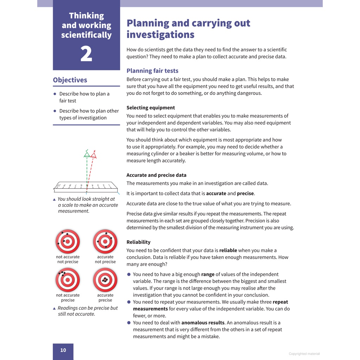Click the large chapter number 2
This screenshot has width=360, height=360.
pos(86,54)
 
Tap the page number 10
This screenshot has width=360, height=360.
pos(63,350)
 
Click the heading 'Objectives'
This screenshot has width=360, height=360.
pos(70,80)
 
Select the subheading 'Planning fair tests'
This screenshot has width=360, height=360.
pos(152,71)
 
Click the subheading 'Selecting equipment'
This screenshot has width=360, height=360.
pos(150,108)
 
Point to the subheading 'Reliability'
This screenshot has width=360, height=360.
pos(138,242)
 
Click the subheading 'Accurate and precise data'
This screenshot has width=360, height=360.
pos(156,175)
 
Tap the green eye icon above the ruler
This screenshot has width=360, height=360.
pos(87,155)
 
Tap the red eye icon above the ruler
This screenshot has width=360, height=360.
pos(93,155)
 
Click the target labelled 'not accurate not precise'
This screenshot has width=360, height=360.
pos(68,242)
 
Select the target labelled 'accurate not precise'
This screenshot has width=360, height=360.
pos(105,242)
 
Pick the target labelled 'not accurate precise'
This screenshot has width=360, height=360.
pos(68,280)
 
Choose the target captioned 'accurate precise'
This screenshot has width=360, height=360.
pos(105,280)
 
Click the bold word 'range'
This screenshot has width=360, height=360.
pos(208,274)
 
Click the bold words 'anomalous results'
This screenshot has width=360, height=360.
pos(203,322)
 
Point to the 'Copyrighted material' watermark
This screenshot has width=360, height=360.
pos(304,354)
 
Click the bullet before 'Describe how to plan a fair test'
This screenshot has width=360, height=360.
pos(55,94)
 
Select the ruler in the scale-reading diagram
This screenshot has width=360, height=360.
pos(84,187)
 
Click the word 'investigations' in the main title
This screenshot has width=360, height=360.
pos(160,34)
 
